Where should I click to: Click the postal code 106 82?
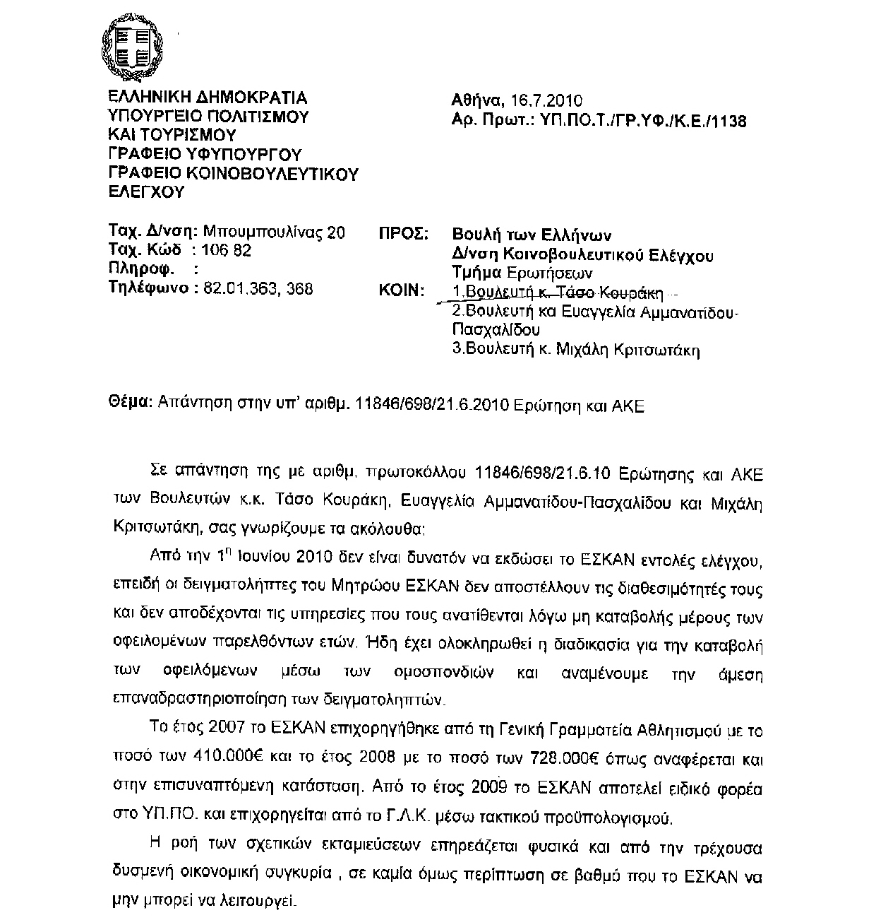pos(227,250)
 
